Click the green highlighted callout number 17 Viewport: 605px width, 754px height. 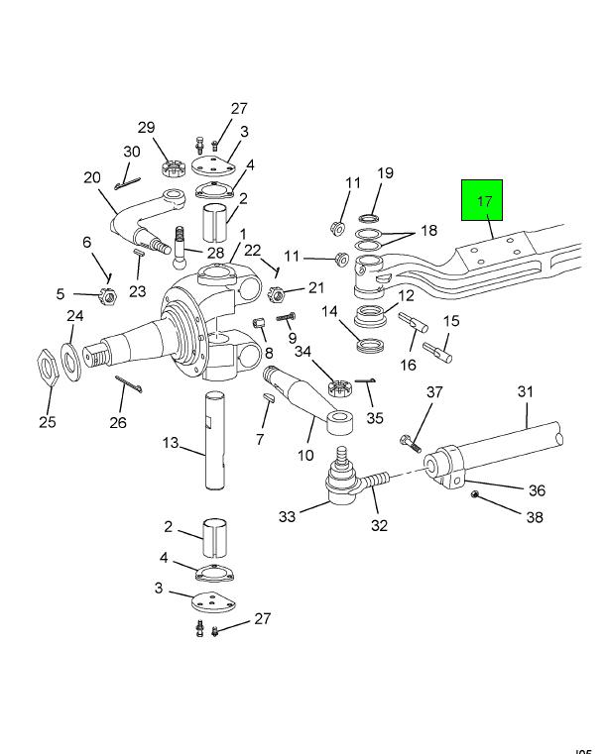click(x=485, y=201)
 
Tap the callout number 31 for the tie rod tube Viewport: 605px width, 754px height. click(x=525, y=391)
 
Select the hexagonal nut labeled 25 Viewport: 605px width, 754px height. click(x=49, y=367)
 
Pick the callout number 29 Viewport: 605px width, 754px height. click(x=147, y=128)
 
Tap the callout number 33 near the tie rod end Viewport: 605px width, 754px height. click(x=287, y=516)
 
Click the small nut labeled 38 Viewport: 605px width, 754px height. click(x=475, y=493)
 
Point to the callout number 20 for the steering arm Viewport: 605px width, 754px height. click(x=92, y=178)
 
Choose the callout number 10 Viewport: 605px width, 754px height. click(x=304, y=456)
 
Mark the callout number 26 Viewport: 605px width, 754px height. click(x=118, y=423)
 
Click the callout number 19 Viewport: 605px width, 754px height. click(x=385, y=173)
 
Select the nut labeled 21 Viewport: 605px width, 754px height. click(x=278, y=293)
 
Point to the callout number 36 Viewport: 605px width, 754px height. click(x=537, y=489)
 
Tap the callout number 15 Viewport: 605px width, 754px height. click(x=451, y=321)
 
